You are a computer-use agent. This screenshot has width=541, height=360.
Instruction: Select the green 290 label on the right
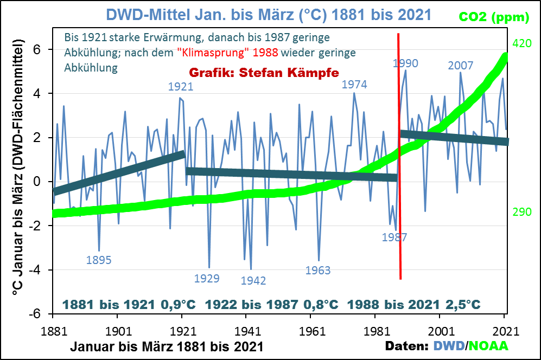click(x=521, y=212)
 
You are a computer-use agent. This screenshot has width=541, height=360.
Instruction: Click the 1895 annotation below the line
click(x=99, y=260)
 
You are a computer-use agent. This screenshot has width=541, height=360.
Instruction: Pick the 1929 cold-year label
click(x=207, y=279)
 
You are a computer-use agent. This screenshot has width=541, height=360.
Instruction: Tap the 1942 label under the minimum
click(x=253, y=280)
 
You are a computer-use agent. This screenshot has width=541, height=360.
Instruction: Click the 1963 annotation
click(x=318, y=270)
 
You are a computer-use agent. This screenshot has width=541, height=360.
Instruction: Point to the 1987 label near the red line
click(x=394, y=237)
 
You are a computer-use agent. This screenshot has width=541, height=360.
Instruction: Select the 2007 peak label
click(x=461, y=66)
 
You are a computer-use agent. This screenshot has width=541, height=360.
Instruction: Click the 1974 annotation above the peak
click(x=354, y=84)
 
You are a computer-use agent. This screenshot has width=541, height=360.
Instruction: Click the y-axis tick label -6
click(x=39, y=314)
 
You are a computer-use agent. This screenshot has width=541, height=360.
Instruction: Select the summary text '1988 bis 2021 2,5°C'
click(x=414, y=304)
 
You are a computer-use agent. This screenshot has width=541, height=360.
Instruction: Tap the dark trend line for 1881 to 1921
click(x=119, y=172)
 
